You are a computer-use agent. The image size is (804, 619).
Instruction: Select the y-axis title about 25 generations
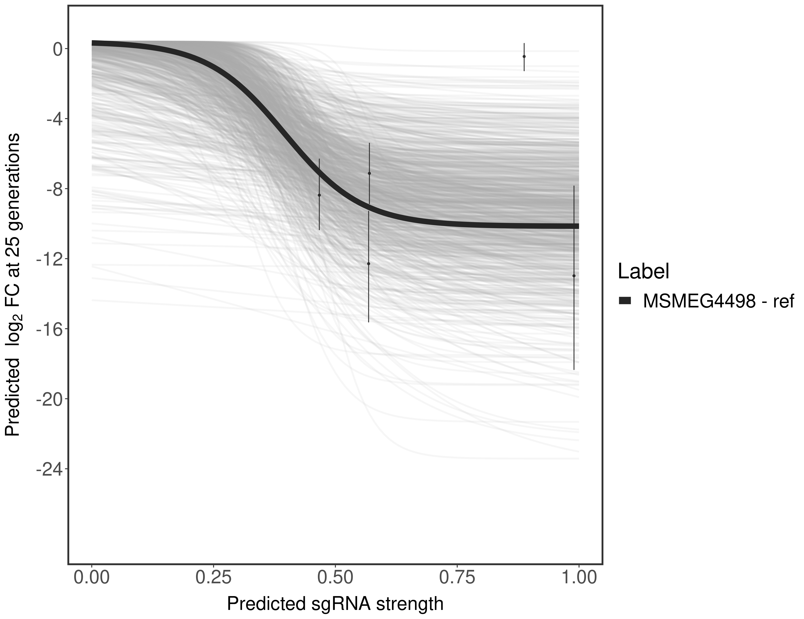[x=13, y=285]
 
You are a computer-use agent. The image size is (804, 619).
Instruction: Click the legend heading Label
[x=643, y=272]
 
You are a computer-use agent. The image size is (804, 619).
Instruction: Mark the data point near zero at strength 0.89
[x=524, y=56]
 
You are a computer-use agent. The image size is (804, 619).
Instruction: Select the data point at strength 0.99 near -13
[x=574, y=276]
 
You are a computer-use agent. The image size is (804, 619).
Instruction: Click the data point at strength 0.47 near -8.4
[x=319, y=195]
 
